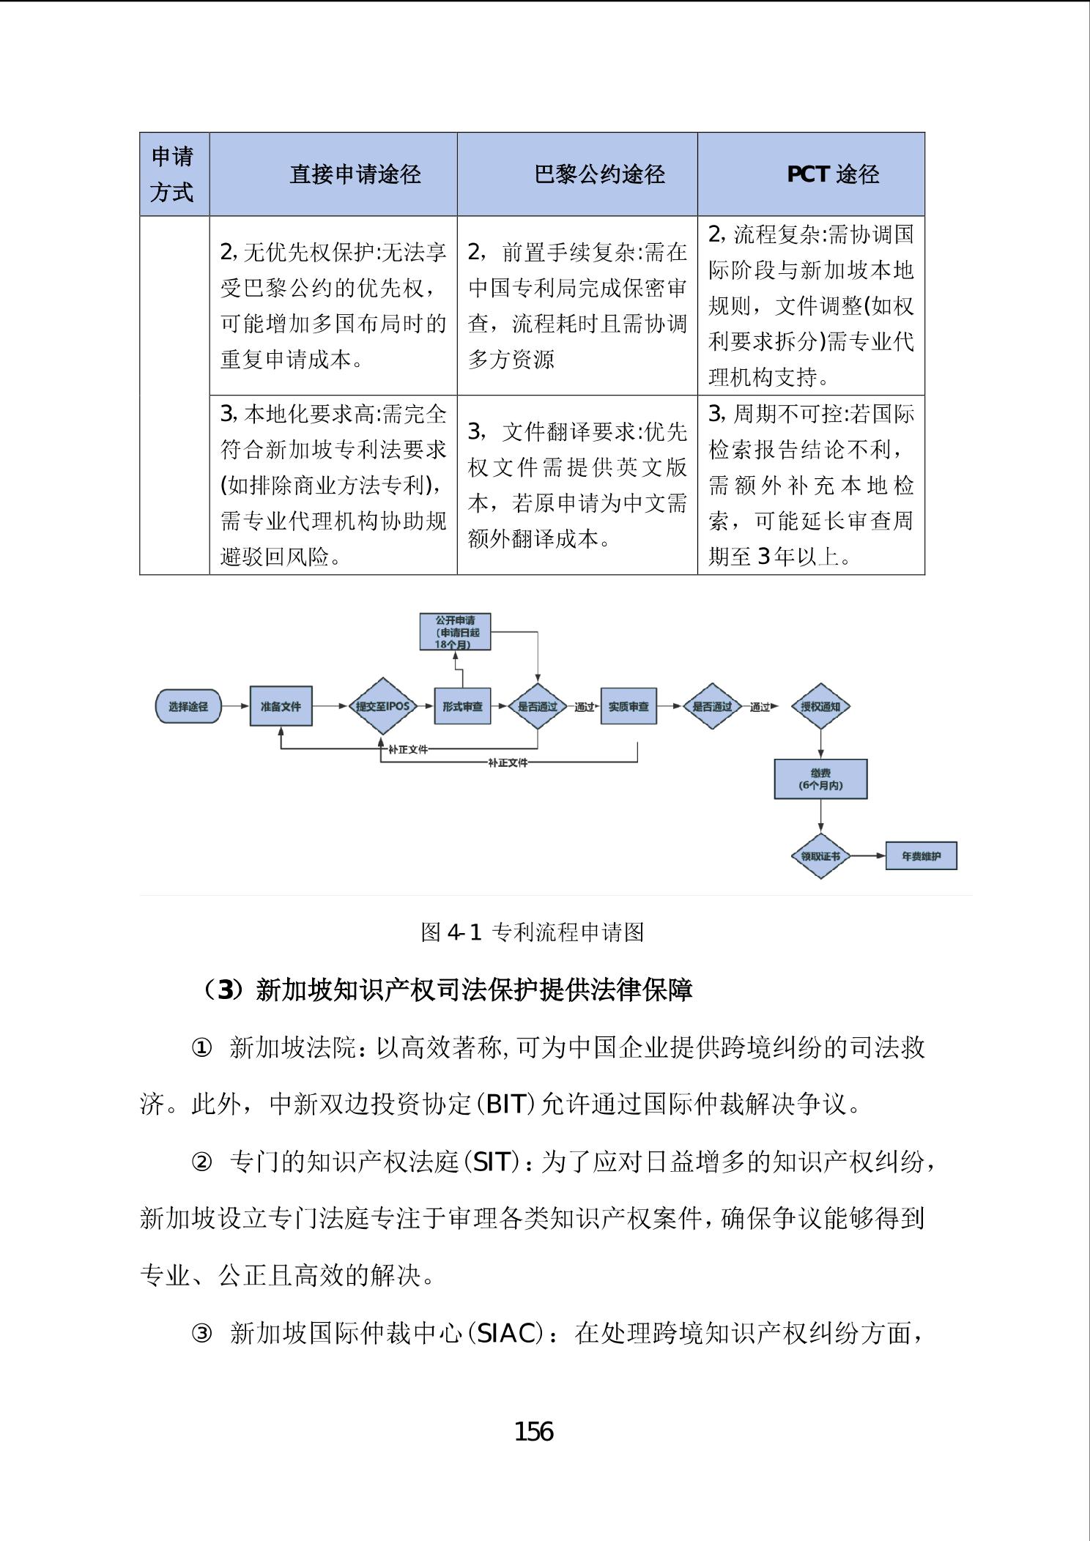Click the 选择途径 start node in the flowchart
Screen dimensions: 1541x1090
click(188, 707)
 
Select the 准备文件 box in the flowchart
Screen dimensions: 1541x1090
click(281, 707)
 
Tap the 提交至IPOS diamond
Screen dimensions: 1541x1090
click(382, 707)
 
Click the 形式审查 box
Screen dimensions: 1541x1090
click(462, 707)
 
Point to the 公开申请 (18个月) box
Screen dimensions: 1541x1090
click(455, 632)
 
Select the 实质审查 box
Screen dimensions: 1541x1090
click(629, 707)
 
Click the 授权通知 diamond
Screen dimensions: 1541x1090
click(820, 707)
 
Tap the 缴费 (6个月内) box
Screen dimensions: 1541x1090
click(820, 779)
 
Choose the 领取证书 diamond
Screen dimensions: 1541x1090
click(820, 855)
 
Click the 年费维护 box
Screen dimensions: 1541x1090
click(921, 855)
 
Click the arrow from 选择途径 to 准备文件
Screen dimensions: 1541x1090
click(234, 707)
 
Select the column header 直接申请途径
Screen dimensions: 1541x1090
click(355, 174)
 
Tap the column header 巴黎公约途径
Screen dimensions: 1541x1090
click(599, 174)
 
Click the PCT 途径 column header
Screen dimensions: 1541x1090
click(832, 174)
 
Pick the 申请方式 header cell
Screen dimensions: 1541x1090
click(173, 174)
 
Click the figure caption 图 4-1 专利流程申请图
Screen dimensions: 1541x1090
click(533, 932)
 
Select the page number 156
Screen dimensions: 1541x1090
click(534, 1431)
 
